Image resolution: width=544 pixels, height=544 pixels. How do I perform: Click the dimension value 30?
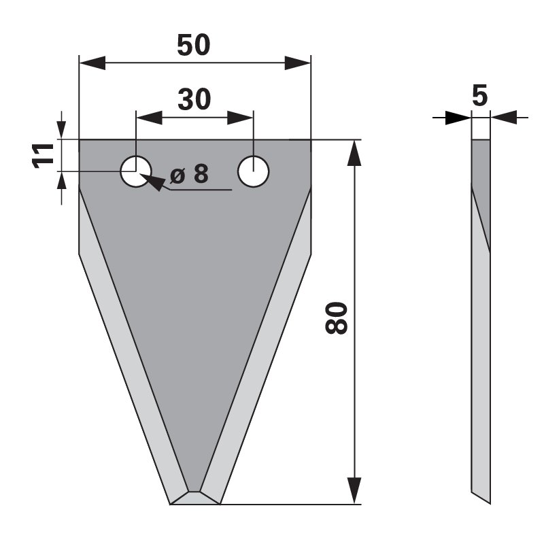coord(194,99)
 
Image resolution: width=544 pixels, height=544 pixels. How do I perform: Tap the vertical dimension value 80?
coord(337,318)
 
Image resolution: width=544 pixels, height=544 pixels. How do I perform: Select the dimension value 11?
coord(45,155)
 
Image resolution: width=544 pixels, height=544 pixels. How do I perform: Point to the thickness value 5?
coord(479,97)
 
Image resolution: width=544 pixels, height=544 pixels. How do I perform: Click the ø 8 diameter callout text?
coord(188,174)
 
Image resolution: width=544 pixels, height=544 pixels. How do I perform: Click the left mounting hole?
coord(136,171)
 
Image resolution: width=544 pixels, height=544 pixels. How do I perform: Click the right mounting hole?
coord(253,171)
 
